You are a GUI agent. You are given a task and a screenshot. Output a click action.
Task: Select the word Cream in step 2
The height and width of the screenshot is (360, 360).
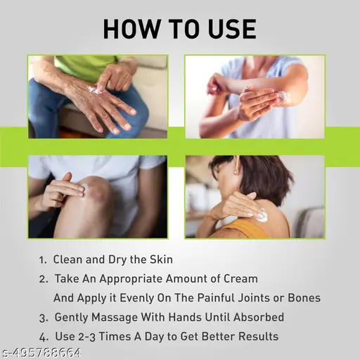tap(240, 278)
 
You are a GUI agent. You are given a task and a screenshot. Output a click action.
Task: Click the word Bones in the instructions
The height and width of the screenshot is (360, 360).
tap(304, 298)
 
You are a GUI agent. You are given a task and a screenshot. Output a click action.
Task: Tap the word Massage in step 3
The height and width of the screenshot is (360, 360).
tap(115, 318)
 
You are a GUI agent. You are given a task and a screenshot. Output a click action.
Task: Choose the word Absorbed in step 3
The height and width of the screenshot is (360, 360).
tap(259, 317)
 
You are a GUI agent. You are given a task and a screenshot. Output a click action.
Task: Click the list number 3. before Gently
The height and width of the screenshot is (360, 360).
tap(44, 318)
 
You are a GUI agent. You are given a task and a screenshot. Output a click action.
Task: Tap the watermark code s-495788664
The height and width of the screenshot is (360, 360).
tap(41, 352)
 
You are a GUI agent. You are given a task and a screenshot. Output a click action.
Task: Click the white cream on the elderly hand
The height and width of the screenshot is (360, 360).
tap(94, 90)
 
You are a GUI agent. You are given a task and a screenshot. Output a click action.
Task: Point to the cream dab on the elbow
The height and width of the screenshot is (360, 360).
tap(284, 96)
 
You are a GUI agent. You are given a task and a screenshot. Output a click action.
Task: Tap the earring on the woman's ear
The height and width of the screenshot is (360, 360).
tap(236, 173)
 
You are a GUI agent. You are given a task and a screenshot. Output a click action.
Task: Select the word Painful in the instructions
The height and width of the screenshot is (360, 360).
tap(216, 298)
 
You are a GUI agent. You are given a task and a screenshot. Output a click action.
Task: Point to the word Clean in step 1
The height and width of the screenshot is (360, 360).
tap(67, 259)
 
